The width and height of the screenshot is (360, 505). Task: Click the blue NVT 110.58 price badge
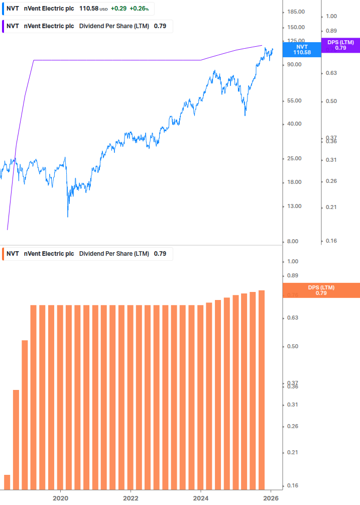pos(302,49)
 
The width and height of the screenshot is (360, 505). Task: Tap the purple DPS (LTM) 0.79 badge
pos(340,45)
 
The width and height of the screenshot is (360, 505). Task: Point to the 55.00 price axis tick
pos(294,101)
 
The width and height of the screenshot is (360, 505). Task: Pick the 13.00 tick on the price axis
pos(294,206)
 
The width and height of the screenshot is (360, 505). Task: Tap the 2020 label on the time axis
pos(60,498)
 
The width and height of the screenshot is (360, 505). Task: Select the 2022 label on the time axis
pos(131,498)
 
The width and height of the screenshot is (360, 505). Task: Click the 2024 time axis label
pos(201,498)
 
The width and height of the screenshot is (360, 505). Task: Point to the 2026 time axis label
pos(271,498)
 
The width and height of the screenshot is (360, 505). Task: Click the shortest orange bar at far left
pos(7,482)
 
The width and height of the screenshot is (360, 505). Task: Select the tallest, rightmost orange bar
pos(261,389)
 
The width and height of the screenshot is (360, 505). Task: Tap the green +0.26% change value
pos(139,9)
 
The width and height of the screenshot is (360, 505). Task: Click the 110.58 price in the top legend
pos(89,9)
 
